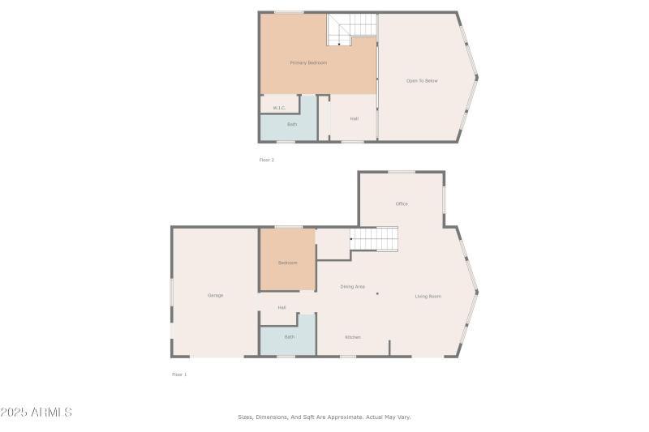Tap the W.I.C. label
278,108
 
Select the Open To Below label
422,80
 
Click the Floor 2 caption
267,160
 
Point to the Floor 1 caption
179,374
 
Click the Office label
402,203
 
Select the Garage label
215,295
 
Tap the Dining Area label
352,286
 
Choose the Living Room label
428,296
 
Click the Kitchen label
353,337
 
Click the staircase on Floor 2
353,30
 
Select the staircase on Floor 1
374,238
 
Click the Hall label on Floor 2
355,118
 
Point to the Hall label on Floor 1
282,307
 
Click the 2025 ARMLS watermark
37,413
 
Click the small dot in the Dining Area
377,293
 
